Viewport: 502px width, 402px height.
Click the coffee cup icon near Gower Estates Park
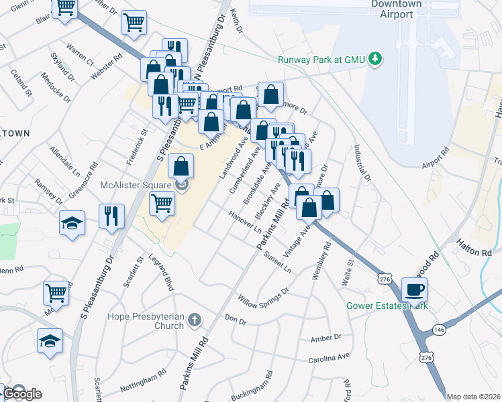[x=414, y=289]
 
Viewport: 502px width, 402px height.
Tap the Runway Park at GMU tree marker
[x=376, y=59]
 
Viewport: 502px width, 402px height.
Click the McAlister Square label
[x=137, y=185]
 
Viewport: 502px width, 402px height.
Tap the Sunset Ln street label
[x=278, y=262]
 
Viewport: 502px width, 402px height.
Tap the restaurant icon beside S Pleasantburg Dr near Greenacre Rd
[x=111, y=215]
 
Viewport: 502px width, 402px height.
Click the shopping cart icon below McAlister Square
[x=162, y=202]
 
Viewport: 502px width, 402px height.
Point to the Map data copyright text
[x=474, y=397]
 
